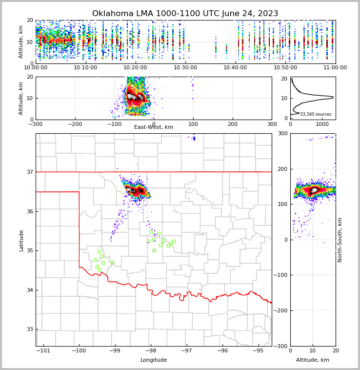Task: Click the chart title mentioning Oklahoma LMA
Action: click(x=185, y=14)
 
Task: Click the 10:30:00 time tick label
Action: click(x=185, y=67)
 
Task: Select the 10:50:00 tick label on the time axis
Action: click(x=285, y=67)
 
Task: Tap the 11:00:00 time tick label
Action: click(x=335, y=67)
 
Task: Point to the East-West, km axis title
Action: click(x=153, y=127)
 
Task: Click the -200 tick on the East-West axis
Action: click(x=75, y=124)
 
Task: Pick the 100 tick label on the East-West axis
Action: click(x=193, y=124)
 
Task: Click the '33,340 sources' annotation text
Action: click(x=315, y=114)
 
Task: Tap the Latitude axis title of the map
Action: click(x=21, y=240)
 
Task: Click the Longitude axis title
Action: click(x=154, y=360)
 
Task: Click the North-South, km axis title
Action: click(x=340, y=240)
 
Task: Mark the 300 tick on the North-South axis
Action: click(x=281, y=133)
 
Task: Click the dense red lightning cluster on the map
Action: click(x=136, y=190)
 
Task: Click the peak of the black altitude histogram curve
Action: click(x=333, y=98)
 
